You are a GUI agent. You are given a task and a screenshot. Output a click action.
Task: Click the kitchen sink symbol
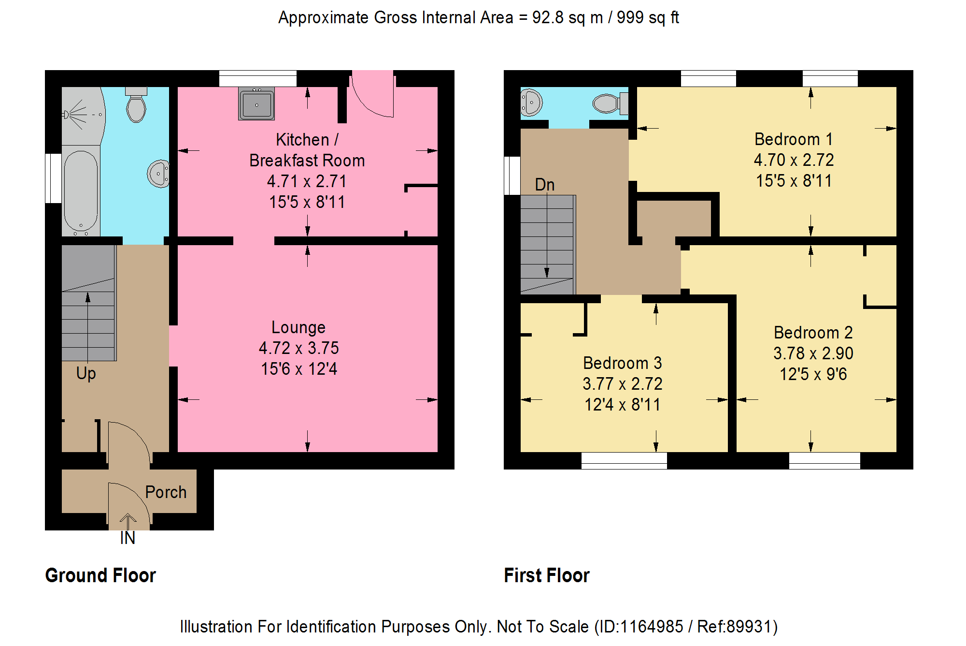[x=256, y=103]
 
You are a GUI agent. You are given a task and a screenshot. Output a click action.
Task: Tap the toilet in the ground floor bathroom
[x=136, y=105]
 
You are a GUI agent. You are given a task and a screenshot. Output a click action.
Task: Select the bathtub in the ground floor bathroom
[x=81, y=191]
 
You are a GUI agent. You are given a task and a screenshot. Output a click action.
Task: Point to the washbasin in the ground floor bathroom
[x=158, y=174]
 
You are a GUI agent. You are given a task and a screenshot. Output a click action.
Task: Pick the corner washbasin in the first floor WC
[x=530, y=102]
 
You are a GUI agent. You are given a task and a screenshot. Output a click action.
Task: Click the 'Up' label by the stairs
[x=86, y=373]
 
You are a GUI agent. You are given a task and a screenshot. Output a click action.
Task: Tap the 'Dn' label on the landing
[x=545, y=184]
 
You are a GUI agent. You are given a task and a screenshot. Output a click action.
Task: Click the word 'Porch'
[x=166, y=492]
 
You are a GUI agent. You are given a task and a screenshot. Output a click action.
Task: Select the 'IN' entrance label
[x=128, y=538]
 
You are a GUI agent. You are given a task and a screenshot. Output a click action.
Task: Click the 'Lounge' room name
[x=298, y=327]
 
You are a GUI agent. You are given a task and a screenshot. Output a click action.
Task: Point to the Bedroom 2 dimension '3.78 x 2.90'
[x=813, y=353]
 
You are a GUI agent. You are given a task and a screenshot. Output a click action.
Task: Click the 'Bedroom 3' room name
[x=623, y=363]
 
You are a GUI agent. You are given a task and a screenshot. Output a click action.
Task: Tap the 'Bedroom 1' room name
[x=794, y=139]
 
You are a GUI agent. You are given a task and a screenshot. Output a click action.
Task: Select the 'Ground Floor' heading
[x=100, y=575]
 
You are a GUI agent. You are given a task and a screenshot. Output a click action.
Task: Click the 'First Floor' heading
[x=547, y=575]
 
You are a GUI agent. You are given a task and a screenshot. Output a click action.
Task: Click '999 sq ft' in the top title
[x=648, y=18]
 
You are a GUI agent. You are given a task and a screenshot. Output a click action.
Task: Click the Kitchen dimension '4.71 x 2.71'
[x=307, y=181]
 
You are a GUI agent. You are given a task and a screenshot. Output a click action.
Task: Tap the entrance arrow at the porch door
[x=128, y=522]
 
